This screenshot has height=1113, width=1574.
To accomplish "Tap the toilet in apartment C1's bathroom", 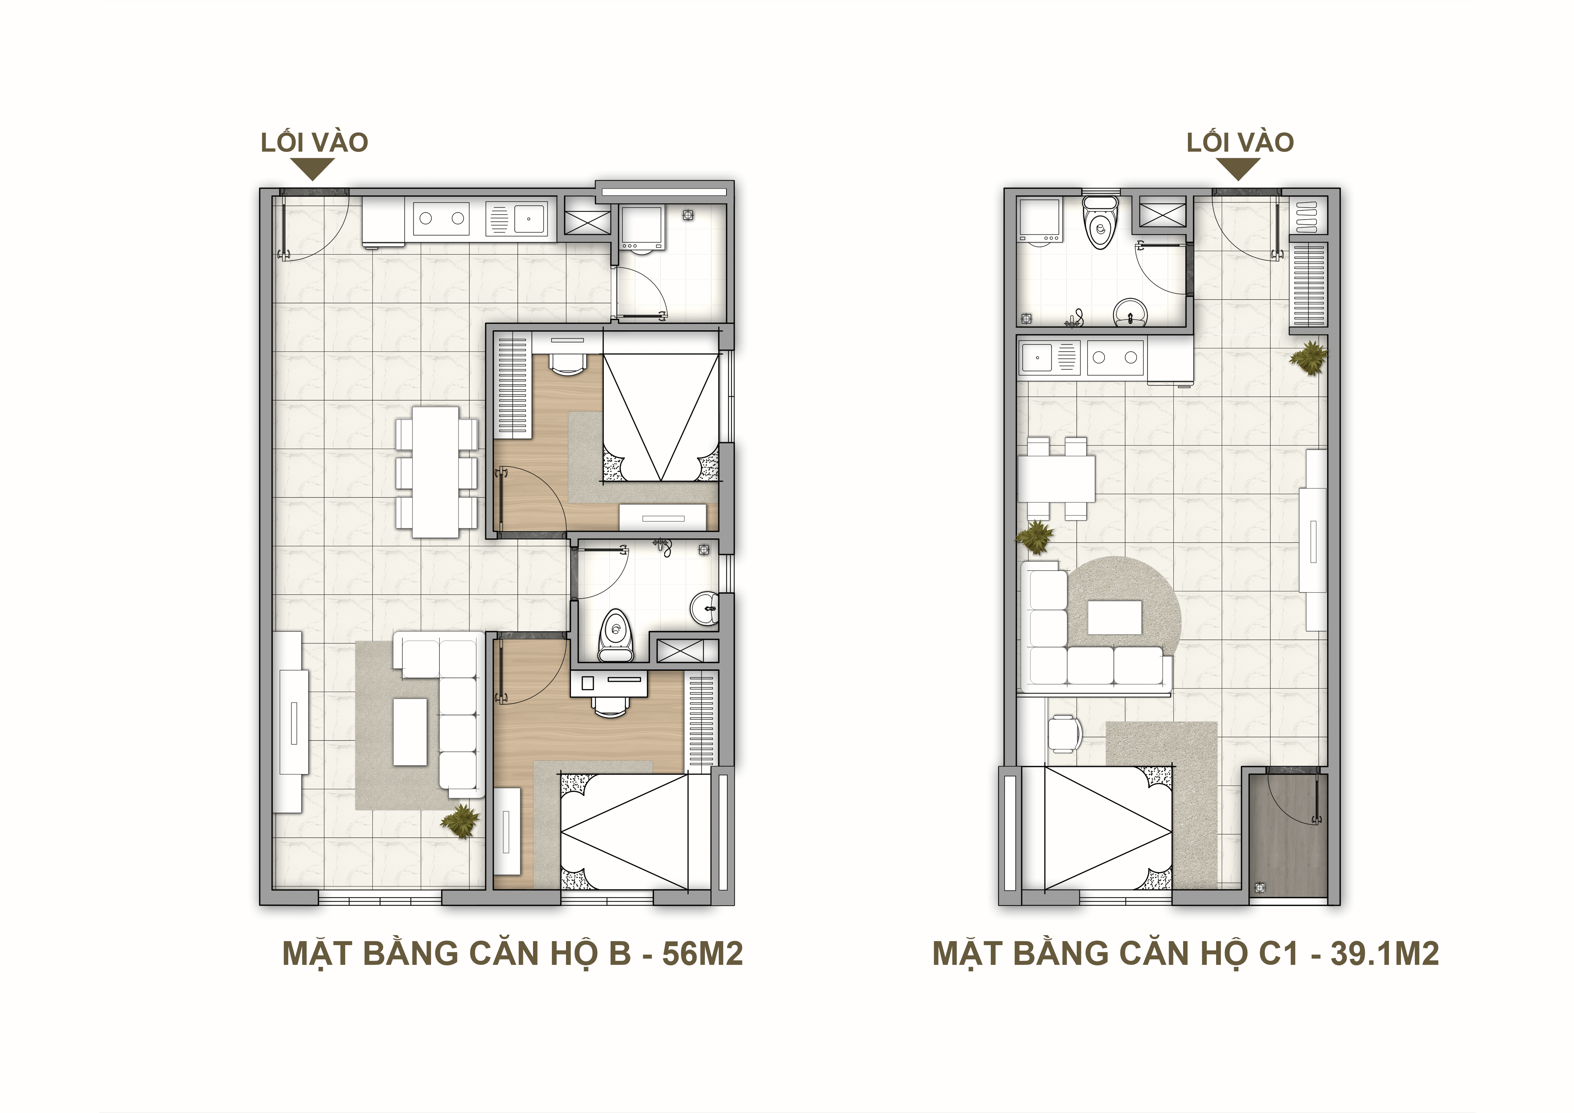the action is tap(1100, 221).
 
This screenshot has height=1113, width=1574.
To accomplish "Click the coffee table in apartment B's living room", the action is tap(410, 732).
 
